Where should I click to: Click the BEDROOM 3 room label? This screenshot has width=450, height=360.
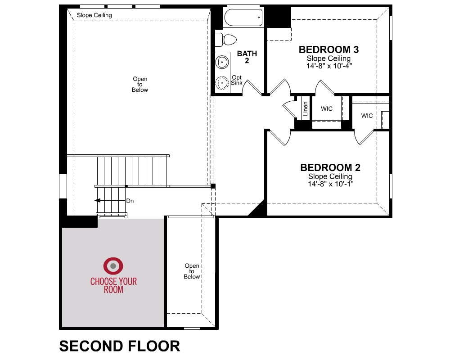[x=328, y=49]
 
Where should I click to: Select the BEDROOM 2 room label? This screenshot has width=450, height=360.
[x=330, y=168]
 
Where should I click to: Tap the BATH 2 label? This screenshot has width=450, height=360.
[x=247, y=57]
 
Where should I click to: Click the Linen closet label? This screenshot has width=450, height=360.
[x=306, y=108]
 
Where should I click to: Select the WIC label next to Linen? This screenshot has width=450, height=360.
[x=327, y=109]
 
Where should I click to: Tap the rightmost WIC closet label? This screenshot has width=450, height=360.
[x=367, y=116]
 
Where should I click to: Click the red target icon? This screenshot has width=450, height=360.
[x=113, y=266]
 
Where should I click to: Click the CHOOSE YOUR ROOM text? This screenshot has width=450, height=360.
[x=113, y=286]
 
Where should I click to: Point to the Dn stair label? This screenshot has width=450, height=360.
[x=130, y=201]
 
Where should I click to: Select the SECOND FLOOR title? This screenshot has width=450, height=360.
[x=119, y=346]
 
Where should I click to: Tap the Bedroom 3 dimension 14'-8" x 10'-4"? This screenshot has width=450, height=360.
[x=328, y=66]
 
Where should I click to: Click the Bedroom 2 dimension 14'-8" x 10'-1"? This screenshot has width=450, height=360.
[x=330, y=184]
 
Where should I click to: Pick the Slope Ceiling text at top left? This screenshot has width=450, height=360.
[x=94, y=15]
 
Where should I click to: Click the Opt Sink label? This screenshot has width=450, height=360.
[x=237, y=80]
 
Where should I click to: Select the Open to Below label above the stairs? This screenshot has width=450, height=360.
[x=140, y=85]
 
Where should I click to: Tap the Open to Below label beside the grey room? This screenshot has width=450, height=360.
[x=192, y=271]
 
